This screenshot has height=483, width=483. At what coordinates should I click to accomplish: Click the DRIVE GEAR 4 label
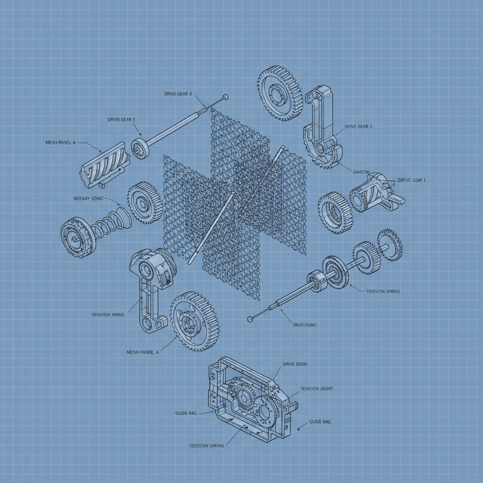click(178, 94)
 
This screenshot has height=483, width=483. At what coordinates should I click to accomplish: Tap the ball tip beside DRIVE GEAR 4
click(226, 97)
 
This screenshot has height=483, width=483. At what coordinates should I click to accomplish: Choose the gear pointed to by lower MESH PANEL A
click(194, 321)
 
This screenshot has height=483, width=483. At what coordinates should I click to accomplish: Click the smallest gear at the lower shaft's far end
click(390, 244)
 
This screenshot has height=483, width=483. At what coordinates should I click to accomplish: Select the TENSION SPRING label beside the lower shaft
click(383, 291)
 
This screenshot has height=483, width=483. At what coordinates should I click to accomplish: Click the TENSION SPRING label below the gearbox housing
click(206, 446)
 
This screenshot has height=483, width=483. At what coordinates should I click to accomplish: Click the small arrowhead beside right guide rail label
click(299, 429)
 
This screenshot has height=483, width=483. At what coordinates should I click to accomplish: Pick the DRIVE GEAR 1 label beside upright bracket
click(358, 126)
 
